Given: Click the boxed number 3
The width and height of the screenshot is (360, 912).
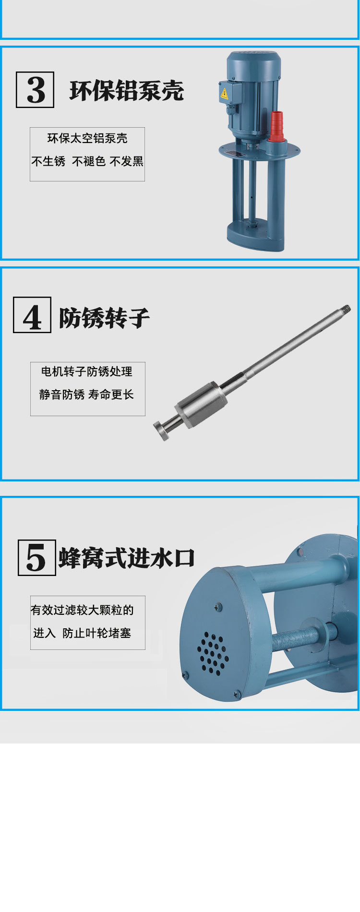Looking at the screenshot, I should (35, 90).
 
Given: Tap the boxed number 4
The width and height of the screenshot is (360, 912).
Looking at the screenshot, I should (32, 315).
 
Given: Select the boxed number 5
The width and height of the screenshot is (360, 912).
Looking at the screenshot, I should (36, 558).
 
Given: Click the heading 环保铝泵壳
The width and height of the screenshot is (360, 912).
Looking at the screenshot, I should (127, 90).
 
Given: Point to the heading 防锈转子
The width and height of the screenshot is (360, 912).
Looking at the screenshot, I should (104, 317).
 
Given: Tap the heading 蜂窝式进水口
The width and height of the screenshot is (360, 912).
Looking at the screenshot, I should (127, 558).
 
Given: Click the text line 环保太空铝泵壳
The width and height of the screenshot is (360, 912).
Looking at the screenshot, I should (87, 139).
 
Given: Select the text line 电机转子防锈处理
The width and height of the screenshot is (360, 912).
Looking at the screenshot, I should (87, 372).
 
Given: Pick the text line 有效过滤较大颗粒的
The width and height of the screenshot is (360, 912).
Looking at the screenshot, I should (82, 610).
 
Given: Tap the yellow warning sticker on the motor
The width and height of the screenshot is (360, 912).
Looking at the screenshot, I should (224, 94).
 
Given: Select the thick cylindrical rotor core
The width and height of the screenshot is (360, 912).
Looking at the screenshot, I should (201, 405).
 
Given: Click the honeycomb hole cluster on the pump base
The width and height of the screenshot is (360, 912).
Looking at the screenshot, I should (213, 653).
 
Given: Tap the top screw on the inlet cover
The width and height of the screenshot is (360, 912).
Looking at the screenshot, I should (219, 608).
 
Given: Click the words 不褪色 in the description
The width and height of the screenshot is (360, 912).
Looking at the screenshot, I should (89, 162).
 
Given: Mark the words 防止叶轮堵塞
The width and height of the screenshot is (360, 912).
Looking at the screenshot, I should (97, 633).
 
